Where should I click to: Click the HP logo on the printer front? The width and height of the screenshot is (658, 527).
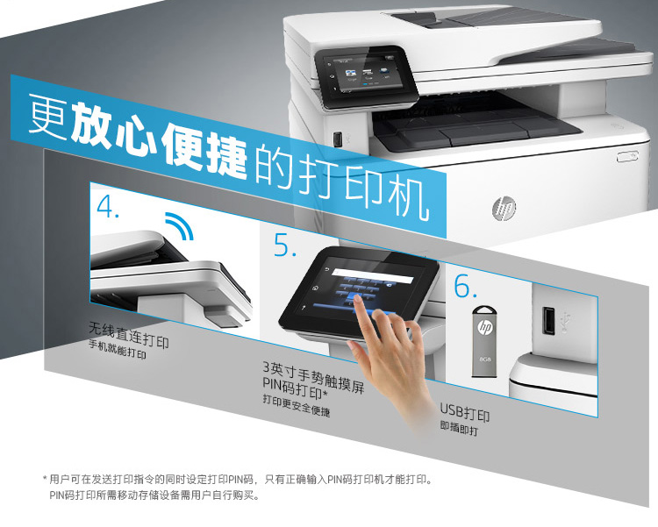point(504,209)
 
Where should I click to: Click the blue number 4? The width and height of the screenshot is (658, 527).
point(109,208)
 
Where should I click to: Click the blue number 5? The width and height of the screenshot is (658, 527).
point(285,246)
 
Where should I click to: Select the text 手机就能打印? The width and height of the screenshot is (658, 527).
point(118,352)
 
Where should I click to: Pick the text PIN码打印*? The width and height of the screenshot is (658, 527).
point(295,388)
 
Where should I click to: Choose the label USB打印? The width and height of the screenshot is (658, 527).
point(465,414)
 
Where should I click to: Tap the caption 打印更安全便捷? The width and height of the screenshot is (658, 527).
point(297,406)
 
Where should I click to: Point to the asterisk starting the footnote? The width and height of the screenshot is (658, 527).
point(45,479)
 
